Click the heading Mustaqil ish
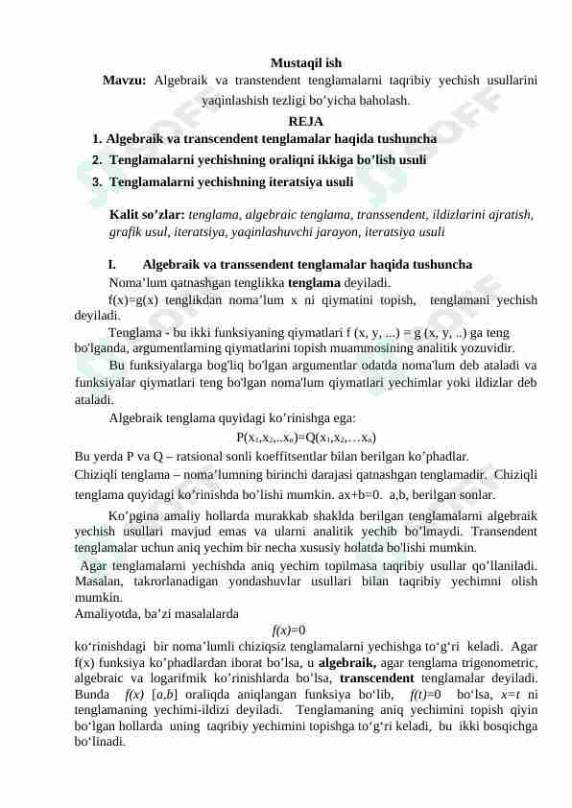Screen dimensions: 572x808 tap(306, 63)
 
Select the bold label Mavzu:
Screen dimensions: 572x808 tap(125, 81)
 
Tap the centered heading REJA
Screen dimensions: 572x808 tap(306, 121)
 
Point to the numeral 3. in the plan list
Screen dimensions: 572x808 tap(97, 181)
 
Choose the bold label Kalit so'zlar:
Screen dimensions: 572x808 tap(148, 214)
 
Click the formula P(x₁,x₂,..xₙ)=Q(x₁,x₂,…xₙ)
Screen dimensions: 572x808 tap(299, 438)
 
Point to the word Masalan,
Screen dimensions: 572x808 tap(98, 582)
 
